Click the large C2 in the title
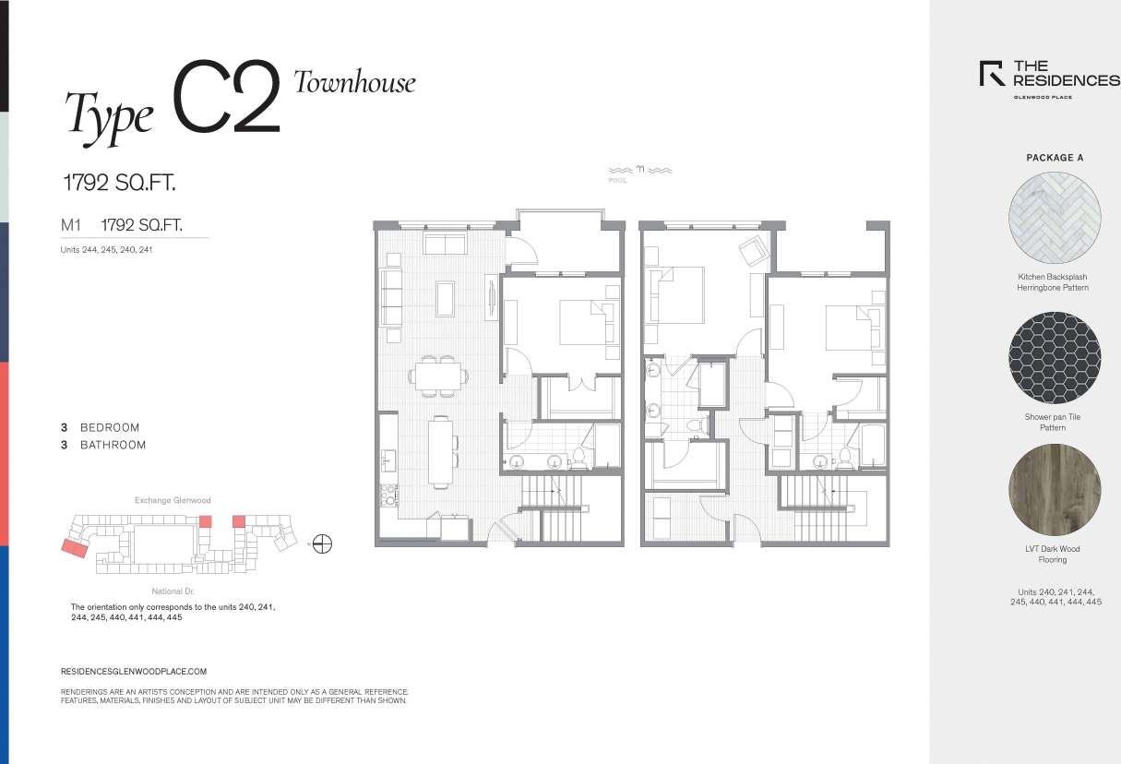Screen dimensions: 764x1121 coord(226,98)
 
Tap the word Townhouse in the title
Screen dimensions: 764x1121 coord(354,82)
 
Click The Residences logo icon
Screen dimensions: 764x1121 coord(992,73)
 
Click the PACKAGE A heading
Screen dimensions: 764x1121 coord(1055,158)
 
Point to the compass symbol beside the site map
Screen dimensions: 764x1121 coord(322,544)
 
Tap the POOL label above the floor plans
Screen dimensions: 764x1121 coord(617,181)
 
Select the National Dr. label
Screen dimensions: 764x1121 coord(173,591)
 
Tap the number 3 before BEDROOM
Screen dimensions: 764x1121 coord(65,428)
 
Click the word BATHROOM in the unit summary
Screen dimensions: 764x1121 coord(113,445)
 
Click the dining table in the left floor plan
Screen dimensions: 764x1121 coord(437,376)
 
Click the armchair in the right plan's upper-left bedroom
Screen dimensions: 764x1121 coord(754,249)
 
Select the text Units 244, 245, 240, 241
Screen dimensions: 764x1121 coord(106,249)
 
